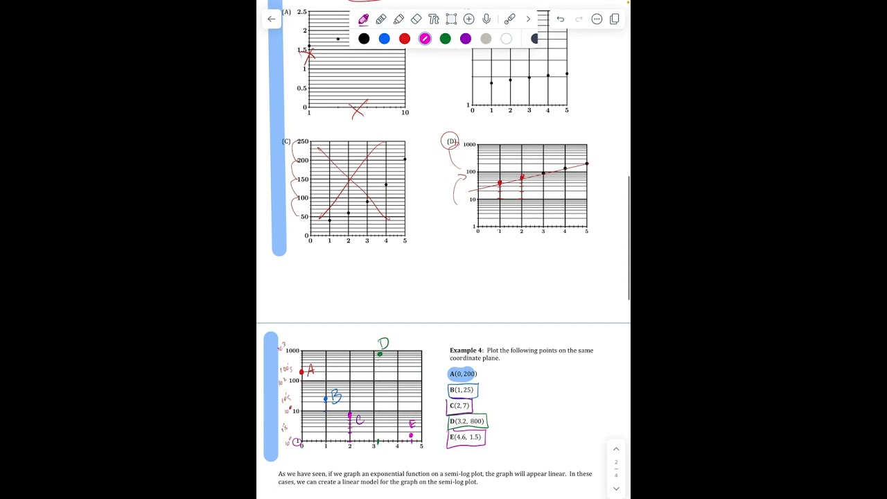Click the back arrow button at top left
[x=271, y=19]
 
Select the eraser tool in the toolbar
[x=416, y=19]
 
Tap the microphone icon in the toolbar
[x=486, y=19]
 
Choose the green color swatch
[x=445, y=39]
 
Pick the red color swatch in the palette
[x=405, y=39]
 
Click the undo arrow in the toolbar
[x=560, y=19]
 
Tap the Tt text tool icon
[x=433, y=19]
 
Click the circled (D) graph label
[x=451, y=141]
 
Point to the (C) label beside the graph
[x=286, y=141]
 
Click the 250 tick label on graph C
[x=302, y=141]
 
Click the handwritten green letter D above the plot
[x=383, y=342]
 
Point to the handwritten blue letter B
[x=336, y=396]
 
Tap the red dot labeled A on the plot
[x=302, y=372]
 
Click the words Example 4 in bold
[x=466, y=351]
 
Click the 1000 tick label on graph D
[x=469, y=145]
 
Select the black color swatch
[x=364, y=39]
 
